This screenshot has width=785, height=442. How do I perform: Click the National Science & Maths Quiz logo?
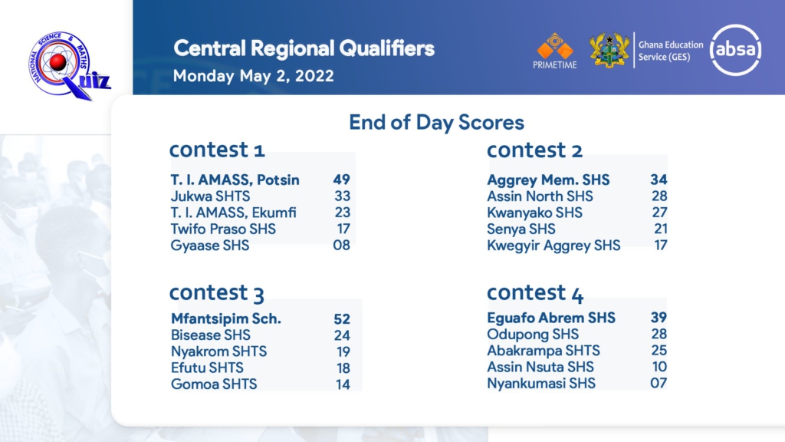click(x=68, y=65)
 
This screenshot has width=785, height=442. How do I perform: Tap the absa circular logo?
click(x=735, y=50)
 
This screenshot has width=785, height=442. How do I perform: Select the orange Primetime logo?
click(x=555, y=51)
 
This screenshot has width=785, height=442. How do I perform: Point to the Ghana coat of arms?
click(x=609, y=50)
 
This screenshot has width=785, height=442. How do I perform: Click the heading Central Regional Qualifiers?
click(x=304, y=48)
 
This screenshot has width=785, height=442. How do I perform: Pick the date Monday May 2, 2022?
click(x=253, y=76)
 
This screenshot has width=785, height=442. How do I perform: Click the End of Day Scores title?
click(x=436, y=122)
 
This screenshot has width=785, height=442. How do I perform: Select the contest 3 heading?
click(x=217, y=292)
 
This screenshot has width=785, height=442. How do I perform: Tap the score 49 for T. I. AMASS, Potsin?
click(x=341, y=180)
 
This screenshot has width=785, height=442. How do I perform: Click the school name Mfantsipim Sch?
click(x=226, y=318)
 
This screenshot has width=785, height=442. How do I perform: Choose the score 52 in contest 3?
click(x=342, y=318)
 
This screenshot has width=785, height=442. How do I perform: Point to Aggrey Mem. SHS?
click(x=548, y=180)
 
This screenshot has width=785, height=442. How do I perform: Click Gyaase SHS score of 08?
click(x=341, y=245)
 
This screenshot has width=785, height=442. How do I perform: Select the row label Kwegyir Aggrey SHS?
click(x=553, y=246)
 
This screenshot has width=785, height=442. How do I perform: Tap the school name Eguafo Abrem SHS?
click(x=551, y=318)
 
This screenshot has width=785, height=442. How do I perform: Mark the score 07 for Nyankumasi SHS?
click(x=659, y=384)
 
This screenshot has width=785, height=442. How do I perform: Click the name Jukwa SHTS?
click(x=210, y=196)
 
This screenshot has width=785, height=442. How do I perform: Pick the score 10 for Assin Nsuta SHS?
click(x=659, y=367)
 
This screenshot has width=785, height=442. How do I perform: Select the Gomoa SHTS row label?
click(x=214, y=384)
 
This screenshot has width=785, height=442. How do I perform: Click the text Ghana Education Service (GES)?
click(x=670, y=51)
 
